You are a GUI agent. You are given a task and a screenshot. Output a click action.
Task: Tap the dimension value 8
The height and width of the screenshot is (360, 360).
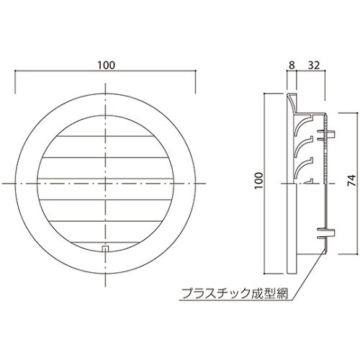pyautogui.click(x=292, y=65)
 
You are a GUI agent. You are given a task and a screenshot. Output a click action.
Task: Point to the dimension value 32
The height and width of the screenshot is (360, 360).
pyautogui.click(x=315, y=65)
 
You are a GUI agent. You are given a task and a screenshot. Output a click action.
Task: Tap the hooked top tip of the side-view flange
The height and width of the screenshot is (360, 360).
pyautogui.click(x=292, y=94)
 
